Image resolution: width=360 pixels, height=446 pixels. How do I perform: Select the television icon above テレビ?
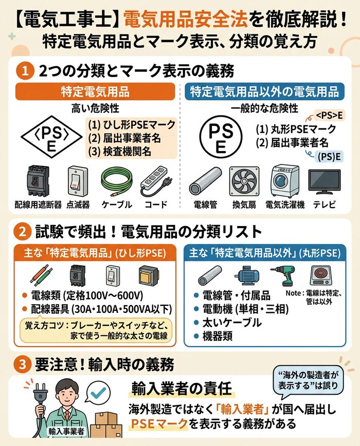[323, 182]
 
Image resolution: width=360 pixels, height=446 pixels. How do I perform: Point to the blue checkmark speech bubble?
[97, 394]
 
